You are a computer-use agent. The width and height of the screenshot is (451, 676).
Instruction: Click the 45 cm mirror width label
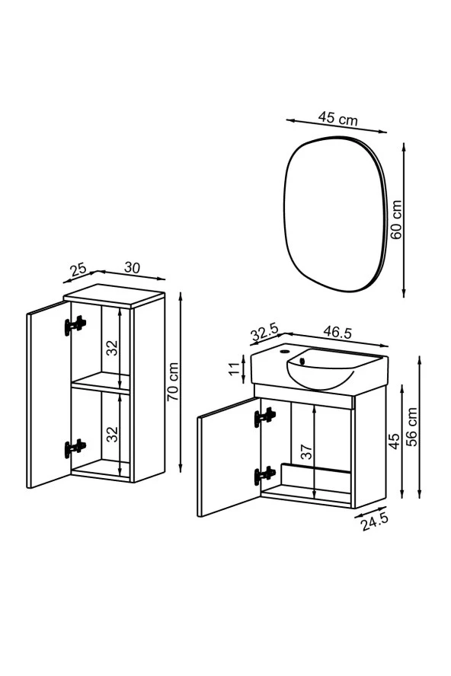[x=337, y=118]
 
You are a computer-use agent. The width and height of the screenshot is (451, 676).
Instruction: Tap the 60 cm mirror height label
[x=395, y=220]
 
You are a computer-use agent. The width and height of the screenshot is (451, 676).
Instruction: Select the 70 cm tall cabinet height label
[x=173, y=381]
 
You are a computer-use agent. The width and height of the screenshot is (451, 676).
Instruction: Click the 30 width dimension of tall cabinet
[x=132, y=268]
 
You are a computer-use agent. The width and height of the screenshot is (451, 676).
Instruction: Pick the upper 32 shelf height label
[x=112, y=349]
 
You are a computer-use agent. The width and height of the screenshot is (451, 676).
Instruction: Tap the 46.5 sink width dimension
[x=337, y=332]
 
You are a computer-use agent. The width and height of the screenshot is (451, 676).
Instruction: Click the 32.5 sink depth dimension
[x=264, y=332]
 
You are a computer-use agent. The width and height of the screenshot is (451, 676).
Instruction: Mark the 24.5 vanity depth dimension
[x=374, y=521]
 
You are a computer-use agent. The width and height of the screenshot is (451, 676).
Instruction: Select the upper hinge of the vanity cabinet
[x=264, y=416]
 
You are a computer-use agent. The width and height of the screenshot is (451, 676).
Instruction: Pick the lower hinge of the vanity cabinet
[x=264, y=474]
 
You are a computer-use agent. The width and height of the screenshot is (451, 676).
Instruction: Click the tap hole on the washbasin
[x=285, y=352]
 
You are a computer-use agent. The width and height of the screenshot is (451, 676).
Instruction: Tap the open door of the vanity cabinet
[x=227, y=457]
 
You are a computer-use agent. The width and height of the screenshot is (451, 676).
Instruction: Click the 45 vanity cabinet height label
[x=395, y=441]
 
